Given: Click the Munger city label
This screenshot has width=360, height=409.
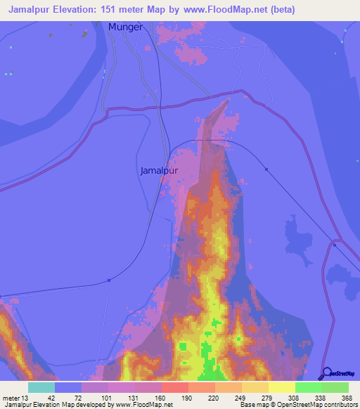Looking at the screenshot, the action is (x=125, y=27).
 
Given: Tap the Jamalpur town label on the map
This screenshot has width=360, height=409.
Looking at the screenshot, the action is (x=160, y=171).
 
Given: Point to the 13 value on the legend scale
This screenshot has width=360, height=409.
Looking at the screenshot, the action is (x=24, y=398).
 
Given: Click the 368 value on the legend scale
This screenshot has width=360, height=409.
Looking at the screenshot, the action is (x=347, y=398).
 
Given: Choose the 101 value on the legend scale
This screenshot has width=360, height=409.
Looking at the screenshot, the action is (x=105, y=398).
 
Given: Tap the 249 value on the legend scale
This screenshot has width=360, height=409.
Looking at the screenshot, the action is (x=239, y=398).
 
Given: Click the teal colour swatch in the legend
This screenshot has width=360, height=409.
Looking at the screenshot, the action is (x=41, y=387).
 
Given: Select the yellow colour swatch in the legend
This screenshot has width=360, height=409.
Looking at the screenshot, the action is (x=281, y=387).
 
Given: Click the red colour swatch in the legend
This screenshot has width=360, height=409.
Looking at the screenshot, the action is (x=174, y=387).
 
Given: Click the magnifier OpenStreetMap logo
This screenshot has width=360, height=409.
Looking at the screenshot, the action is (x=328, y=374).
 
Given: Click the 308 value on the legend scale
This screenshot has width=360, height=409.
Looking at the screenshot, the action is (x=293, y=398).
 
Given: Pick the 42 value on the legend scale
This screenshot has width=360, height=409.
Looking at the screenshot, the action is (x=51, y=398).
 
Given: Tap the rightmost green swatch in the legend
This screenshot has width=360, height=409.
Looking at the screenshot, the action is (x=335, y=387).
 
